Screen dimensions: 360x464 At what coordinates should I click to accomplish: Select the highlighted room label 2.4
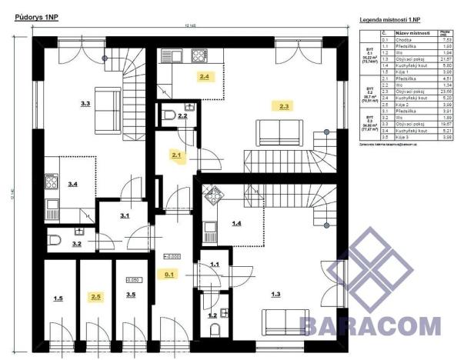(x=204, y=77)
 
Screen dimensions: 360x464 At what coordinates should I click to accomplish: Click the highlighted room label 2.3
(x=285, y=105)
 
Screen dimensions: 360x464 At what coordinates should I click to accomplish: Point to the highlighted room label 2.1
(x=176, y=155)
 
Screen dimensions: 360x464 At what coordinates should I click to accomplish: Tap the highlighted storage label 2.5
(x=95, y=296)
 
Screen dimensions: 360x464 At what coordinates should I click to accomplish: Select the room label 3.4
(x=73, y=184)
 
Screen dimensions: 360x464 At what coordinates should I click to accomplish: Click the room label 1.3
(x=276, y=293)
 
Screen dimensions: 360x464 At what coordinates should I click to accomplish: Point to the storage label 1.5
(x=58, y=297)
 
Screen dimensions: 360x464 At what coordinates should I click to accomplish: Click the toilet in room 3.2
(x=54, y=243)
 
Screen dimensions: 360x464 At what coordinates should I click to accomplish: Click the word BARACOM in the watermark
(x=370, y=325)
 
